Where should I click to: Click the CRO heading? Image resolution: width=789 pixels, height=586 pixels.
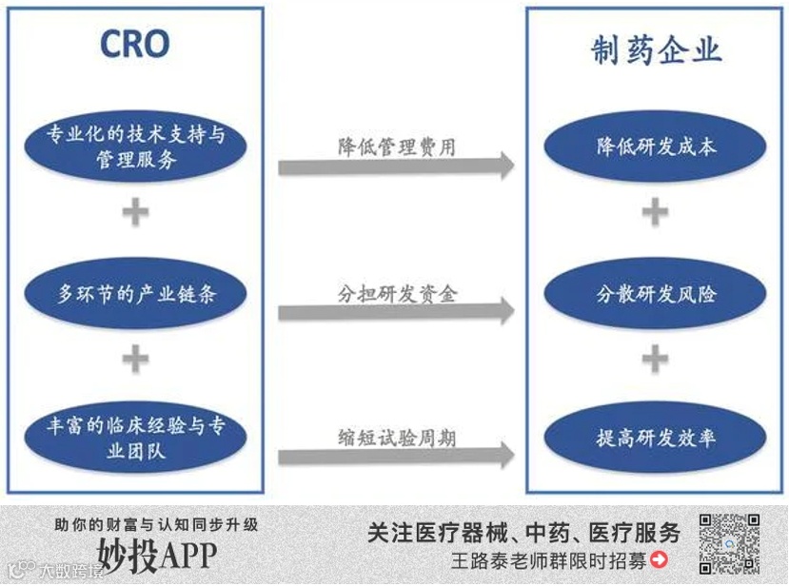coord(135,44)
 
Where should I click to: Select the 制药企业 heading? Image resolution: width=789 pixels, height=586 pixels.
coord(656,50)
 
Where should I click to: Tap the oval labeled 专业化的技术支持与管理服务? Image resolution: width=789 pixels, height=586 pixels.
coord(136,147)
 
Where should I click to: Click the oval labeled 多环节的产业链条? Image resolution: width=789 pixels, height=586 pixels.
coord(136,294)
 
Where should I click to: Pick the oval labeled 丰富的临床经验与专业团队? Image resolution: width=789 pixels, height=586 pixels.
coord(136,439)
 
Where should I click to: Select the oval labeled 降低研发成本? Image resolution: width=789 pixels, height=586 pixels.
coord(656,147)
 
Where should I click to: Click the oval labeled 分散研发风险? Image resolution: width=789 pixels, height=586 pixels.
coord(656,294)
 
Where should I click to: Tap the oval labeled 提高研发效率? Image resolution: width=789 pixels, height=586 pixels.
coord(656,439)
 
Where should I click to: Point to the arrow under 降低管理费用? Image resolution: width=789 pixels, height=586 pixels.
coord(396,166)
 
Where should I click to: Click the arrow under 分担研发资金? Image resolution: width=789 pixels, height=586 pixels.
coord(396,311)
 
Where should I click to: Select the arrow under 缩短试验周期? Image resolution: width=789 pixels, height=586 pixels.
coord(396,456)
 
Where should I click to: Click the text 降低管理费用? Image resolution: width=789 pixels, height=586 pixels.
coord(396,146)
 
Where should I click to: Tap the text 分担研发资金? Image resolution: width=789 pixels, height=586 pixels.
coord(396,292)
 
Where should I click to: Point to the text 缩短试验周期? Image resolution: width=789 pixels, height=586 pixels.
coord(396,437)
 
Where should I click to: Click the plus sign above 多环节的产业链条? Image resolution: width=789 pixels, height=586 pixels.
coord(136,212)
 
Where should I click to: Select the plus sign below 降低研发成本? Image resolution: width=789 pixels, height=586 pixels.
coord(655,212)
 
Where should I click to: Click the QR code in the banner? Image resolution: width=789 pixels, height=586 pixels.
coord(729,543)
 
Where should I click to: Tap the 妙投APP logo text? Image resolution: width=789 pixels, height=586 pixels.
coord(157,554)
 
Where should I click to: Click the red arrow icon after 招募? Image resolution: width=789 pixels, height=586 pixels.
coord(659,561)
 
